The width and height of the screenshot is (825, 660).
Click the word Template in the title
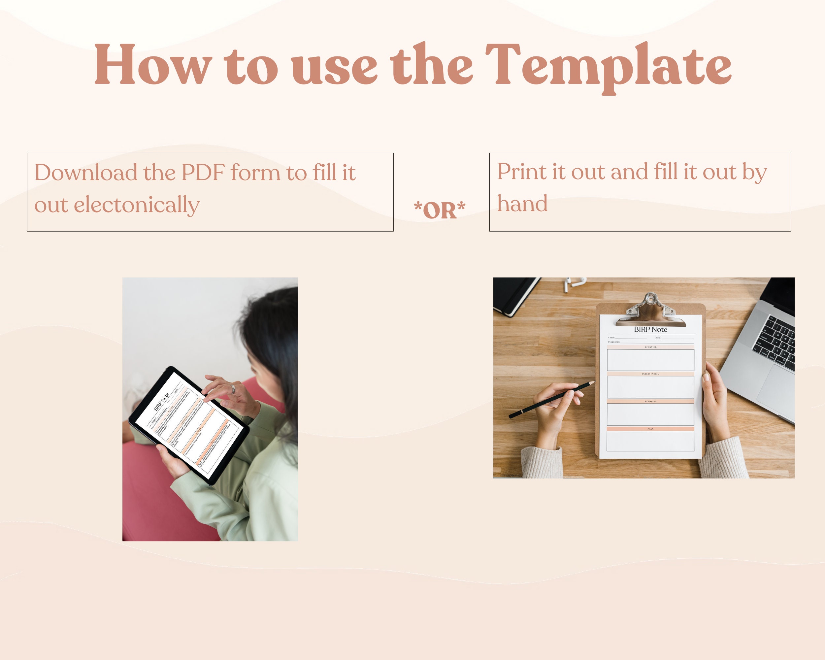609,65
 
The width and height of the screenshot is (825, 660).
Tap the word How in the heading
153,65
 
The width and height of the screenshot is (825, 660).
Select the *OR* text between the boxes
440,210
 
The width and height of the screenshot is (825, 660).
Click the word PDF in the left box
203,173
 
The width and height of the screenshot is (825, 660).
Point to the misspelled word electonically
136,205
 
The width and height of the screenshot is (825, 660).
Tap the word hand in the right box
522,204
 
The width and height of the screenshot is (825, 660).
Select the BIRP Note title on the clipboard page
650,329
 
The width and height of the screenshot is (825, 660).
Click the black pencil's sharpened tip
592,382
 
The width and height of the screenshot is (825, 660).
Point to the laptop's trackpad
775,390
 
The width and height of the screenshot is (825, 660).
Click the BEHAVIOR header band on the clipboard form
650,347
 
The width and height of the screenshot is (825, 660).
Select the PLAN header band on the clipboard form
650,429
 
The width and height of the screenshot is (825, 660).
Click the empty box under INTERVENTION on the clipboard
650,387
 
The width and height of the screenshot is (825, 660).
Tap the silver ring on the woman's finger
233,389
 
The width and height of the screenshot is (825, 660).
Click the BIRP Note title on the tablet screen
161,402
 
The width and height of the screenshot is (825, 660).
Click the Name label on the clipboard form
611,338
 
